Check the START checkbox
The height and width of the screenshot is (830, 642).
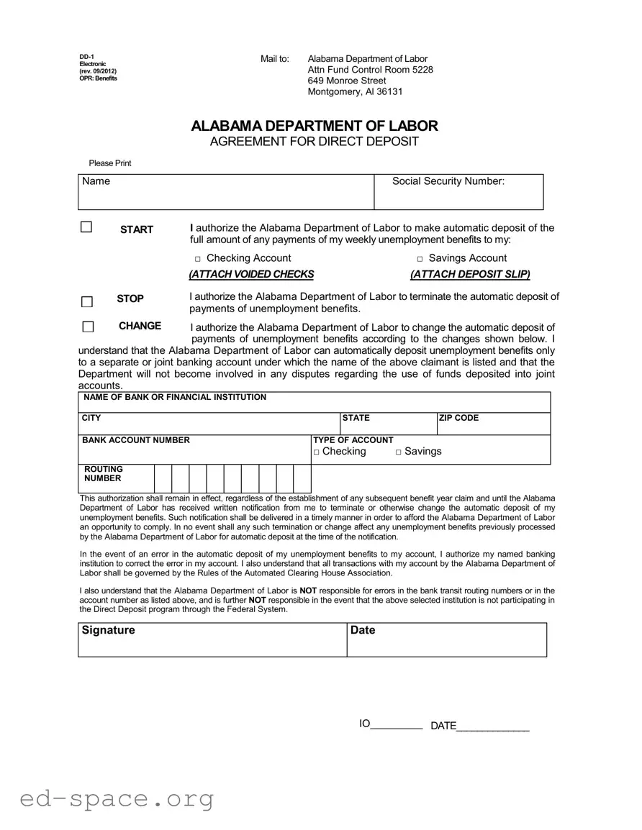point(86,227)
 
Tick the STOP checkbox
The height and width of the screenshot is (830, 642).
point(87,302)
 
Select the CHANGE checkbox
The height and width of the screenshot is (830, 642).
point(88,327)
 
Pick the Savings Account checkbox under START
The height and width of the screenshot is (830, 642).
point(420,259)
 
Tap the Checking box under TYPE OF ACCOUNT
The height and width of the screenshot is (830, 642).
point(316,452)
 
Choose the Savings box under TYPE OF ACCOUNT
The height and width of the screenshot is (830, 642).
point(398,452)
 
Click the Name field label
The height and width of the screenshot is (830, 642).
point(96,181)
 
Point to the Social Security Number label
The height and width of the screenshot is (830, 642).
point(448,181)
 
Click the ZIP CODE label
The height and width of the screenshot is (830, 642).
point(458,418)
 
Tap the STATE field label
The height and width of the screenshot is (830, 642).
point(356,418)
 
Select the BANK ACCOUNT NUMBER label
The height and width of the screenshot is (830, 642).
point(135,440)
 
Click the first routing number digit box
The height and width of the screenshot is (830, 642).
point(163,478)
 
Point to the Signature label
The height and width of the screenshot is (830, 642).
point(108,630)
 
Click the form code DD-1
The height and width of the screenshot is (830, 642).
point(86,57)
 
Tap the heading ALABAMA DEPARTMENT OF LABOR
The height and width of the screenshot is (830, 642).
point(314,126)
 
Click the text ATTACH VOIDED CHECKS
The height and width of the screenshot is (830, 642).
point(251,274)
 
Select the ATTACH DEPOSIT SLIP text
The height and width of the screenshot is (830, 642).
point(470,274)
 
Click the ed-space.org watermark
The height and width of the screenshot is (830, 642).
point(117,798)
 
